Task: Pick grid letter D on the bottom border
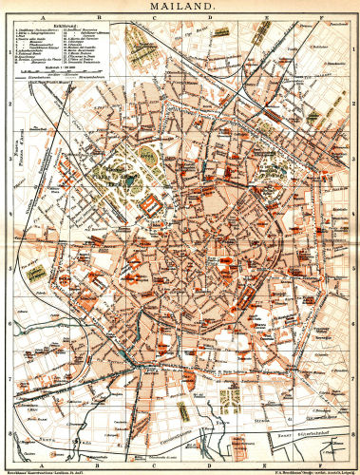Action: tap(211, 460)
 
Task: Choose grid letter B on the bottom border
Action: tap(98, 460)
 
